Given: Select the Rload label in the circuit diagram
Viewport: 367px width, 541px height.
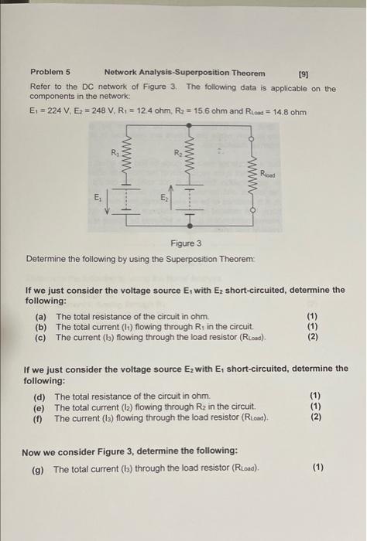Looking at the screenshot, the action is pos(268,174).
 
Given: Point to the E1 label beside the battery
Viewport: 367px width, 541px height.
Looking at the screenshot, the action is pos(97,197).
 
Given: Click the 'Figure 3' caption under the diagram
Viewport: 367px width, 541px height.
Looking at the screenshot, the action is pos(187,244).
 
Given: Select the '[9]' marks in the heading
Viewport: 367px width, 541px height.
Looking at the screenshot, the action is pos(304,74).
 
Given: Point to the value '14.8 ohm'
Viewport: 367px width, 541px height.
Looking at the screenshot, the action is pos(287,111).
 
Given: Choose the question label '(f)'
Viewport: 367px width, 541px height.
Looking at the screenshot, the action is pos(37,418).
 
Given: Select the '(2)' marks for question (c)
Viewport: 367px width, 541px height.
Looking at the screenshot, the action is pos(312,337).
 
